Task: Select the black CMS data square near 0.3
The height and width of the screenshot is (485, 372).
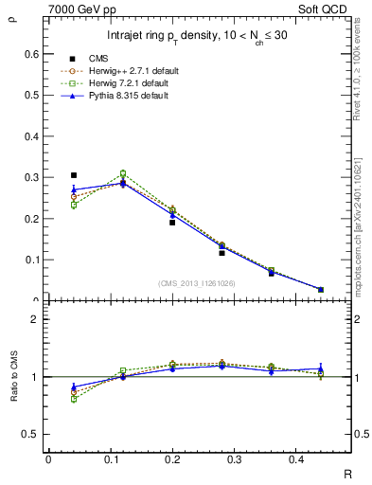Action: coord(74,175)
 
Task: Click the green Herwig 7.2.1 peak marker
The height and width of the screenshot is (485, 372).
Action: coord(123,173)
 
